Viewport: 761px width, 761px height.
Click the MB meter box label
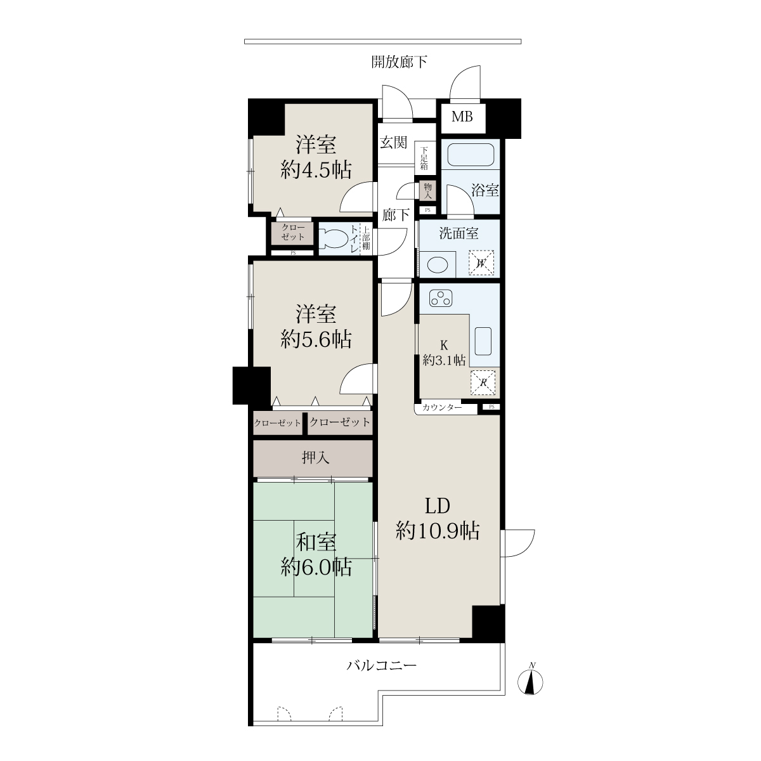click(462, 117)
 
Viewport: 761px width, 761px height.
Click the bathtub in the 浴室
click(471, 155)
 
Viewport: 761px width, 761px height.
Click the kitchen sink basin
click(483, 341)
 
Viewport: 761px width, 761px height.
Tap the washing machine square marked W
click(481, 263)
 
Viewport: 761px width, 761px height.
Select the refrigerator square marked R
click(483, 382)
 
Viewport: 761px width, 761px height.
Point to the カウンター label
click(442, 407)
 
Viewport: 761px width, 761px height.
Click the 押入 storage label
click(315, 458)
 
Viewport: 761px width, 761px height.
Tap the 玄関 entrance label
click(394, 142)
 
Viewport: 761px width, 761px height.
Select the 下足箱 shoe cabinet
click(425, 158)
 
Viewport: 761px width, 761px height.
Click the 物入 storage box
click(427, 191)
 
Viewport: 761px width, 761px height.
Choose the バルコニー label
click(382, 665)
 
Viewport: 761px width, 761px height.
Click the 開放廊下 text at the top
click(400, 62)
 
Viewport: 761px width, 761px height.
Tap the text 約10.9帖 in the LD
click(438, 531)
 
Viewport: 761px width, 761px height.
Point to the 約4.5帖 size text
click(316, 170)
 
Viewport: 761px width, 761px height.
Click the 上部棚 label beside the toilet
click(366, 238)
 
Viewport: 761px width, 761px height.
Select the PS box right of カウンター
click(491, 407)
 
